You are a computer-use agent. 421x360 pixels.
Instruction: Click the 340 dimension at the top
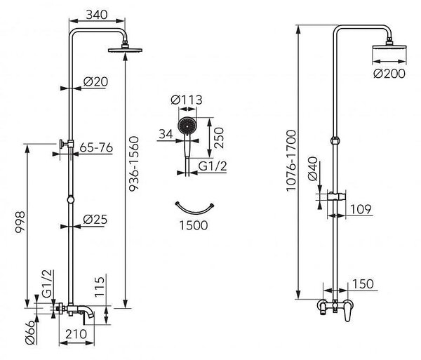pos(97,15)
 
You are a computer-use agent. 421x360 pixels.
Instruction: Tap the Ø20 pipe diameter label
pos(95,81)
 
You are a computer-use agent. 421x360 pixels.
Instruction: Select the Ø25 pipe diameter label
pos(95,220)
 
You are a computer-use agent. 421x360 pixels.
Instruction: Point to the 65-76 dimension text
pos(96,148)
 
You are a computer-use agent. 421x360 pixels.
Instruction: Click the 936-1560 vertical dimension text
pos(134,164)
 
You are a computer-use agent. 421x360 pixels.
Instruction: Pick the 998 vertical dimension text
pos(20,222)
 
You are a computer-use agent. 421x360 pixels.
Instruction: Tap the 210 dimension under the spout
pos(76,334)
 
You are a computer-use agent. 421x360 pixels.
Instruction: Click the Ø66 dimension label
pos(30,333)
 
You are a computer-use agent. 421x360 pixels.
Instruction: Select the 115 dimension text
pos(100,287)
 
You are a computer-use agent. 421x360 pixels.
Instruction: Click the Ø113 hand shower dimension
pos(187,100)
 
